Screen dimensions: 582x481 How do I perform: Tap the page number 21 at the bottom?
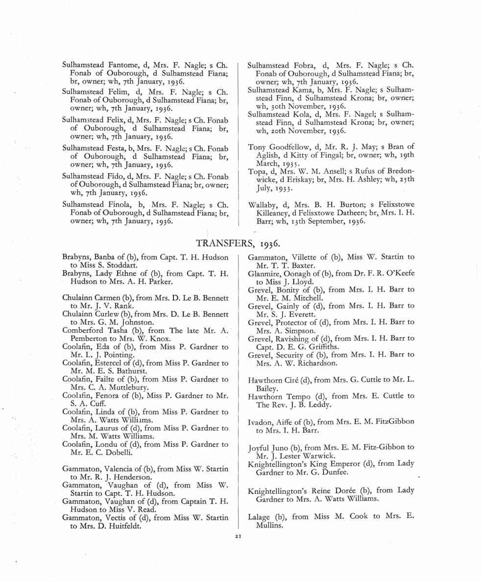pos(240,538)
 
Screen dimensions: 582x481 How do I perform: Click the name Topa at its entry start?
pos(257,170)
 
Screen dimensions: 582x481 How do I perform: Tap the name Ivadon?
pos(261,421)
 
